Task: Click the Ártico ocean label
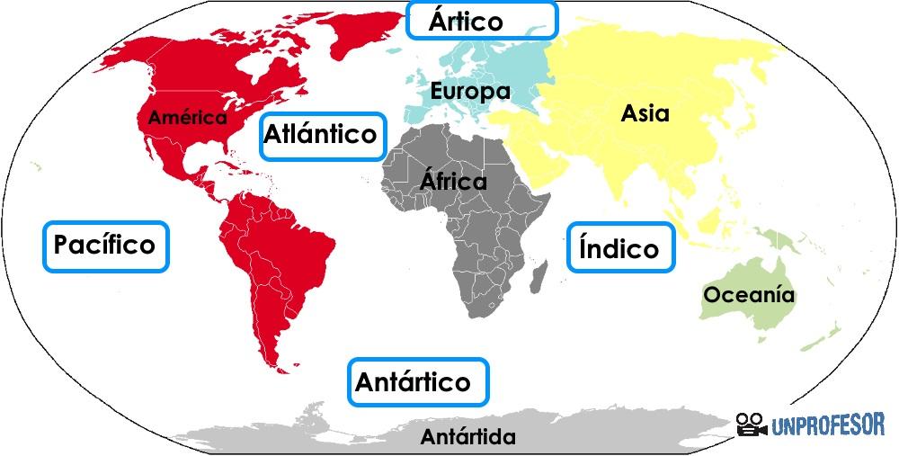481,20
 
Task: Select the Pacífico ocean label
105,246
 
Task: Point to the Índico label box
619,247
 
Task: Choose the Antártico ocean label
418,382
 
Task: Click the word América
187,117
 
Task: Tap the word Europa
470,91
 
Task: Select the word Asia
645,113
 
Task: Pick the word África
453,182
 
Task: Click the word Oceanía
749,294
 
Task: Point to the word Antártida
468,438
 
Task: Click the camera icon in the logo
752,425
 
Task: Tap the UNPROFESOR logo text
828,425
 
